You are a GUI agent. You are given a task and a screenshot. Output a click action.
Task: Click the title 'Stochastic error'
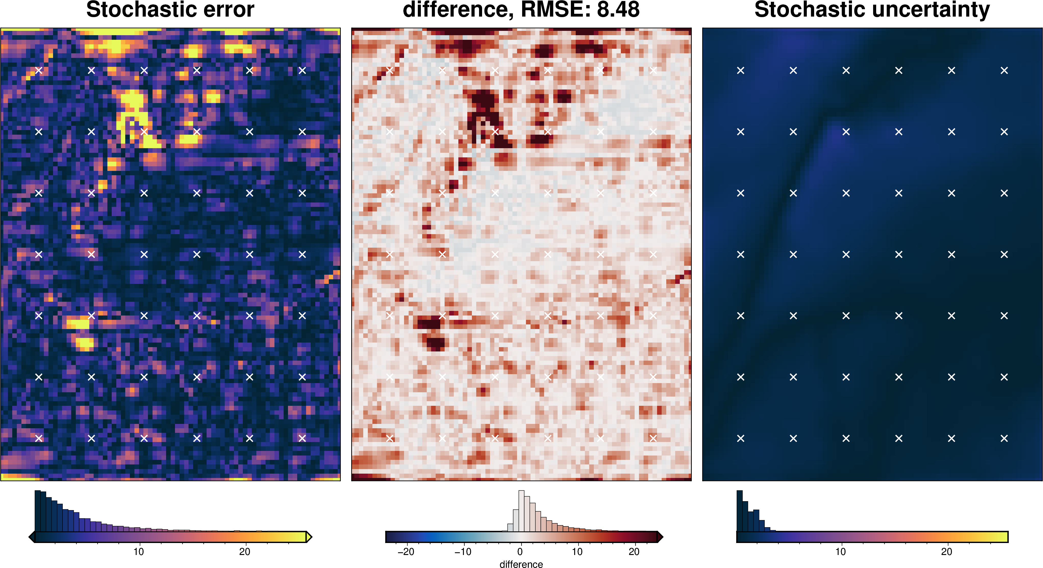click(x=170, y=10)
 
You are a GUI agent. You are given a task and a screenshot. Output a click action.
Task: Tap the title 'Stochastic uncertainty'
click(x=872, y=10)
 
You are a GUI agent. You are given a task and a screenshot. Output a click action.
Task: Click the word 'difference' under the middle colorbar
click(x=521, y=564)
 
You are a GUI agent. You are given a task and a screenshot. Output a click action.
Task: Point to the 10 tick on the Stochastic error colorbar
click(x=139, y=551)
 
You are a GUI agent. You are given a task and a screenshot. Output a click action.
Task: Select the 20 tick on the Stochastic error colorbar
click(x=245, y=551)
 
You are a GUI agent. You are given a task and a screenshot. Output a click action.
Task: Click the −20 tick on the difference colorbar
click(x=406, y=551)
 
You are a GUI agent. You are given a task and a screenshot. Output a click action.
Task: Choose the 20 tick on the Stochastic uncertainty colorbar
click(x=946, y=551)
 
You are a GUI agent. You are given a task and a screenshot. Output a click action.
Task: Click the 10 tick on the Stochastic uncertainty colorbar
click(x=840, y=551)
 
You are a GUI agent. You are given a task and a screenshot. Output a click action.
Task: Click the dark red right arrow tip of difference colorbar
click(x=660, y=537)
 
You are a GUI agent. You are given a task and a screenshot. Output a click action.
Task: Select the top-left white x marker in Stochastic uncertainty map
click(x=740, y=70)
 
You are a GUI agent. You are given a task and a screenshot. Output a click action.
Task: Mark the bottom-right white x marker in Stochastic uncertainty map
click(x=1004, y=438)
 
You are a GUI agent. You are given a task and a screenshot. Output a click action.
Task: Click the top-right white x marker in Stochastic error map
click(x=302, y=70)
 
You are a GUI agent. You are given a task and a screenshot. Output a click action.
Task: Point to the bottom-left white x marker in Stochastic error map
click(x=39, y=438)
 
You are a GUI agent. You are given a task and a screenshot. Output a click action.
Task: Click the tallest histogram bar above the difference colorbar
click(x=521, y=511)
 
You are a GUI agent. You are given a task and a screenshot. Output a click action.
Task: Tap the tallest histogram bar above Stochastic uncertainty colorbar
click(x=739, y=511)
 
